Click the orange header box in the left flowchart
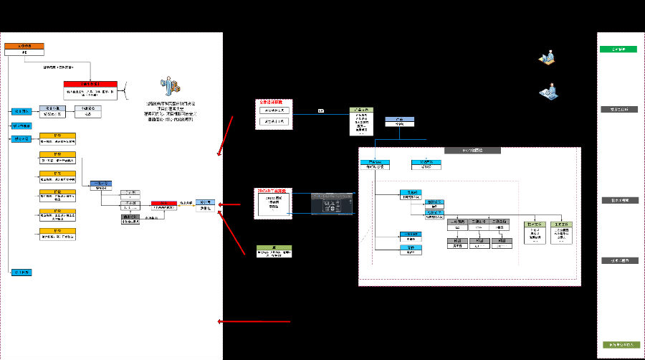tap(24, 49)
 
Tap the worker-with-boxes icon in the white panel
tap(171, 85)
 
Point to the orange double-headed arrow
tap(185, 204)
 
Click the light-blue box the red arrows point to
tap(206, 204)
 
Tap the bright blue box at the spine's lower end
tap(19, 273)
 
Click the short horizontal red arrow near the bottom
tap(254, 321)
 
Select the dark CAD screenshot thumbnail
tap(332, 204)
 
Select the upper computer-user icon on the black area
tap(548, 57)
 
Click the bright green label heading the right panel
tap(618, 49)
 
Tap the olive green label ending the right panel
tap(618, 345)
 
